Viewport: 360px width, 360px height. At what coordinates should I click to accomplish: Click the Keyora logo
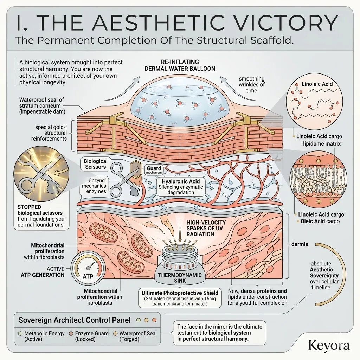(x=329, y=345)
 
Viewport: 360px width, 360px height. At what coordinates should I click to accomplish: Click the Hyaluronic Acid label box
(x=181, y=186)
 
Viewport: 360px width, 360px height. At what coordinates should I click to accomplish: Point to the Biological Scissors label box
(x=95, y=164)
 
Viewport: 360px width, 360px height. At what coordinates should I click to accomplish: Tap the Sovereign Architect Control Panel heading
(x=75, y=320)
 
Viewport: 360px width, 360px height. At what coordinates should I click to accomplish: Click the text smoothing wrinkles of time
(x=252, y=85)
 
